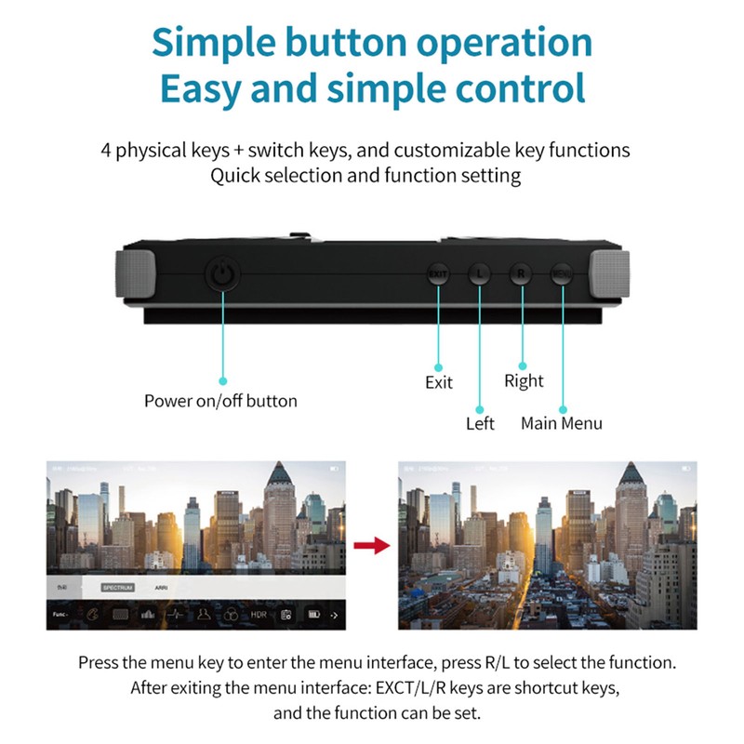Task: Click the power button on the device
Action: (x=221, y=274)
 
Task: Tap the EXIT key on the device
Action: (x=437, y=274)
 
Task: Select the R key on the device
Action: (x=521, y=274)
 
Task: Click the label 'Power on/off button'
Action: (x=220, y=402)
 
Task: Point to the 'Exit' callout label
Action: (x=439, y=382)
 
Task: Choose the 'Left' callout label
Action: (x=480, y=424)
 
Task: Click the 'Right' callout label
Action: (x=524, y=380)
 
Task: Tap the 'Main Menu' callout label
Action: (x=562, y=424)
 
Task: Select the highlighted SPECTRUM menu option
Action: (x=118, y=588)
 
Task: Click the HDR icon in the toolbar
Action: (x=259, y=615)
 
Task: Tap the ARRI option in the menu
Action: (x=162, y=588)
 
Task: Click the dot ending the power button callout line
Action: (x=222, y=380)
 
